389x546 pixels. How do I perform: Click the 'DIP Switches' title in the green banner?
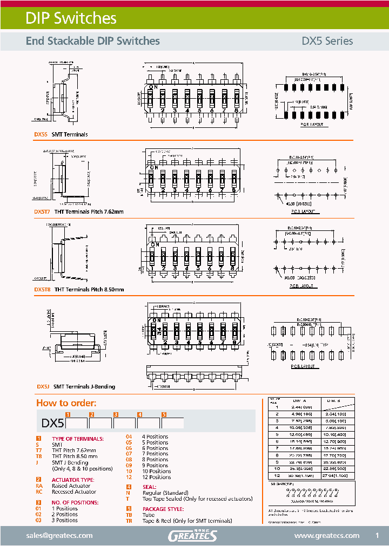click(x=71, y=18)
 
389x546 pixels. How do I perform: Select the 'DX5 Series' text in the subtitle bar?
click(x=327, y=41)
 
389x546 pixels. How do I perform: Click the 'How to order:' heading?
click(x=66, y=403)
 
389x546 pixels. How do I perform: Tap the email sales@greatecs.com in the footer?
click(x=59, y=535)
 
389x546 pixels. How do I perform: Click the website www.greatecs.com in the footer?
click(x=326, y=535)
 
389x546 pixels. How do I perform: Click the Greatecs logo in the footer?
click(x=192, y=535)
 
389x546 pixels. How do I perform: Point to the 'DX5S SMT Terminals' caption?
click(x=61, y=134)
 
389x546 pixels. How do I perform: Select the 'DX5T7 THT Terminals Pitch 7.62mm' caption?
click(x=79, y=212)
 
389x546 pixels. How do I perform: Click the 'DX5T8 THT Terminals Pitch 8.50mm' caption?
click(x=79, y=290)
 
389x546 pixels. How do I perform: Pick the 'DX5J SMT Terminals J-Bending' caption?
click(x=76, y=387)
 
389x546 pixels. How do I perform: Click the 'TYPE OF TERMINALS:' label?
click(x=75, y=439)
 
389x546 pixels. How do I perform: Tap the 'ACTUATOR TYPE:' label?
click(x=72, y=480)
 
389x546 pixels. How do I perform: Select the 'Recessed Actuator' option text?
click(x=74, y=492)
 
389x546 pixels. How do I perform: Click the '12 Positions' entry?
click(x=156, y=477)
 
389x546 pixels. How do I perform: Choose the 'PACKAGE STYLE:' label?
click(x=163, y=509)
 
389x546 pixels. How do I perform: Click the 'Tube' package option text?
click(x=148, y=515)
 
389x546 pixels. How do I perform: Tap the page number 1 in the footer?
click(x=377, y=535)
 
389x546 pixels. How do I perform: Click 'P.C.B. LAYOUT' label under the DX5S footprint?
click(x=312, y=125)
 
